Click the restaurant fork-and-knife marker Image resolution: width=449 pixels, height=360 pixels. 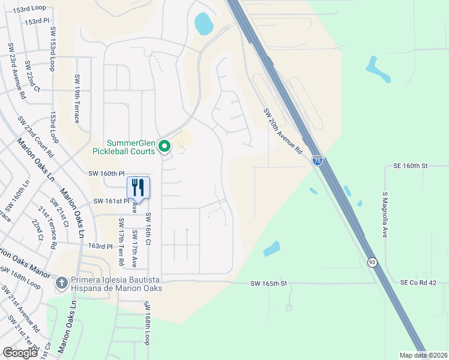pyautogui.click(x=139, y=187)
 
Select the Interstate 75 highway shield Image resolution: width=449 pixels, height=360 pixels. pyautogui.click(x=318, y=160)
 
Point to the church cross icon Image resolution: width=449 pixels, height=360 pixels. pyautogui.click(x=61, y=282)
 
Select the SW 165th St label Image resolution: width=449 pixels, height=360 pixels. pyautogui.click(x=270, y=283)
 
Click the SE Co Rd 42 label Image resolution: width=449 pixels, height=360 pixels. pyautogui.click(x=420, y=283)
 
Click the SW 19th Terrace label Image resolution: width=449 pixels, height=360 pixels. pyautogui.click(x=77, y=98)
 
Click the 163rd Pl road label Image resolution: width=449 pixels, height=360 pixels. pyautogui.click(x=100, y=246)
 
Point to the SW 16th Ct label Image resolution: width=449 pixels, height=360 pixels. pyautogui.click(x=148, y=229)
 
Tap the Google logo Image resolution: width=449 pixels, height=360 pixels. pyautogui.click(x=20, y=353)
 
